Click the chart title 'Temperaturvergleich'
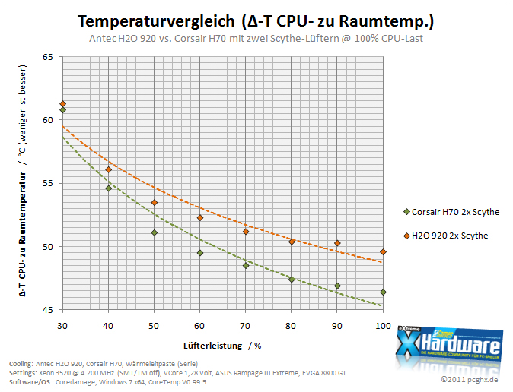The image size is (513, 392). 156,21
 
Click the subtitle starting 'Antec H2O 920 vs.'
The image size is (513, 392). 256,39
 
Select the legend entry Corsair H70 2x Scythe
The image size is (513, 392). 451,212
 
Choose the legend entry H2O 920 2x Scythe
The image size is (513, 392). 446,236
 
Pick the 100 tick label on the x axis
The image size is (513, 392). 383,326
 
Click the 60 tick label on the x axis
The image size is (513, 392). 199,326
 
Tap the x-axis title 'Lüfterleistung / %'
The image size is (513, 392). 222,346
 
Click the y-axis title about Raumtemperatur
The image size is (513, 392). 23,181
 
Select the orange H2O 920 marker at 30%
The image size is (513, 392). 63,104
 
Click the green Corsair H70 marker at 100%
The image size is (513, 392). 383,292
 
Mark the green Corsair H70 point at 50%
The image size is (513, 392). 155,232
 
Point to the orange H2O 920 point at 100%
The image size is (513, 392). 383,252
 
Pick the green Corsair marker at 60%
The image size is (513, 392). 200,253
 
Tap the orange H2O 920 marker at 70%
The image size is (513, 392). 246,232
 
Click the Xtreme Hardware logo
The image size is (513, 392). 449,346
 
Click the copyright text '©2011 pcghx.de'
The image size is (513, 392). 470,380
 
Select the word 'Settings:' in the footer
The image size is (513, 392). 23,373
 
